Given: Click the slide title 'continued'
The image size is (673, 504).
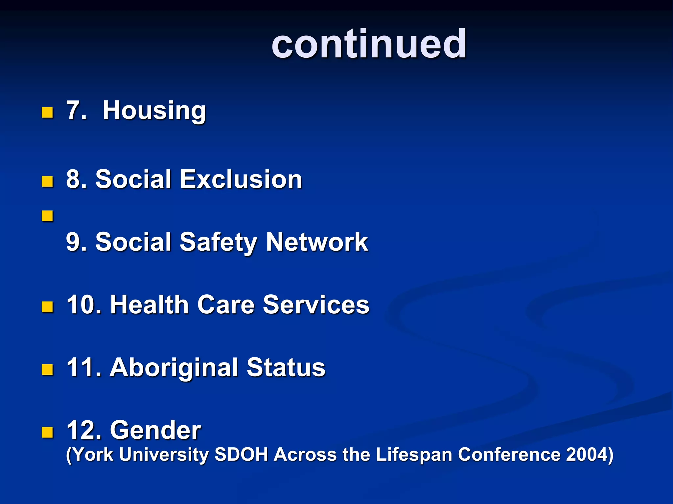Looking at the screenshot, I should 369,44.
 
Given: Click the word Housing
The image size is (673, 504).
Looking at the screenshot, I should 154,111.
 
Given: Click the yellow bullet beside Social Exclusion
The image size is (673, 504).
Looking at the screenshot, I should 47,181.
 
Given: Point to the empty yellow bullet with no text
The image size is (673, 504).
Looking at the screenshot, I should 47,216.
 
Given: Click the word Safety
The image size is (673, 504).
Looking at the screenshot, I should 218,242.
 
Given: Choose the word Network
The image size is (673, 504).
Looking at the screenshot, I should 317,242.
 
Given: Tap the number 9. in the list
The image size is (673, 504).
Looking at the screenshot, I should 76,242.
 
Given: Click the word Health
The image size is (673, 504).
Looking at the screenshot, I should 149,304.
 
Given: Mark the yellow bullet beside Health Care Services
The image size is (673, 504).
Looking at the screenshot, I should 47,307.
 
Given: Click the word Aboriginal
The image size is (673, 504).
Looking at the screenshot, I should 174,367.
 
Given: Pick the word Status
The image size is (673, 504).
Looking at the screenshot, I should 286,367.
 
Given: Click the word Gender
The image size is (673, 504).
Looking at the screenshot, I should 155,430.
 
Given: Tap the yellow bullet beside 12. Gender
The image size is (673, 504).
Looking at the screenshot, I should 47,432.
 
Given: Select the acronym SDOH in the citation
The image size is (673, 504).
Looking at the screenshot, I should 241,454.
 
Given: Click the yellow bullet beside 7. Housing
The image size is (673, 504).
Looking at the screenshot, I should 47,113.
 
